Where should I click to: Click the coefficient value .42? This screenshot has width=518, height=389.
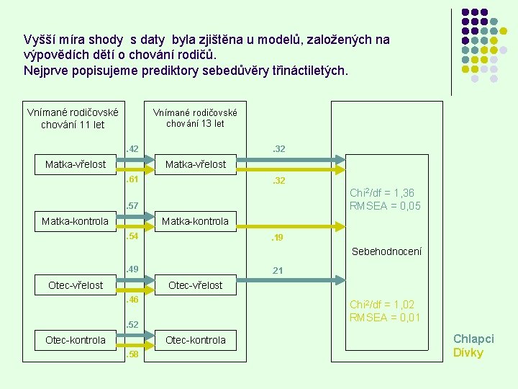[132, 149]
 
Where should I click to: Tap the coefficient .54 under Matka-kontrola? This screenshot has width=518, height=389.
[132, 236]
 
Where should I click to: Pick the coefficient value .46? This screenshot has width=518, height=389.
[132, 298]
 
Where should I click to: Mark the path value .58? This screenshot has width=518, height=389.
[132, 354]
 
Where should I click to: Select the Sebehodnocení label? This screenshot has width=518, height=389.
[386, 251]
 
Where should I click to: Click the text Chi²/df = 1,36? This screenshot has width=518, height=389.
[381, 193]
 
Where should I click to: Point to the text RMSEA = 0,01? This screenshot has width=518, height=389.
[385, 317]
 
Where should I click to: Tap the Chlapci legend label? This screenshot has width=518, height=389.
[473, 339]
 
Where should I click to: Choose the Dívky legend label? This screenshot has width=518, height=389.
[468, 352]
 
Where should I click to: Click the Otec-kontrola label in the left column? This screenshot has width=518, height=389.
[76, 340]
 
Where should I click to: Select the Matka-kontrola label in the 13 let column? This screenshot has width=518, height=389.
[196, 221]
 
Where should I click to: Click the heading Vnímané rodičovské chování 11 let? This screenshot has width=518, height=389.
[73, 118]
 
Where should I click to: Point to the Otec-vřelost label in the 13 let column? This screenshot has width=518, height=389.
[196, 285]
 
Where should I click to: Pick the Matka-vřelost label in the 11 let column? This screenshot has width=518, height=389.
[76, 164]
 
